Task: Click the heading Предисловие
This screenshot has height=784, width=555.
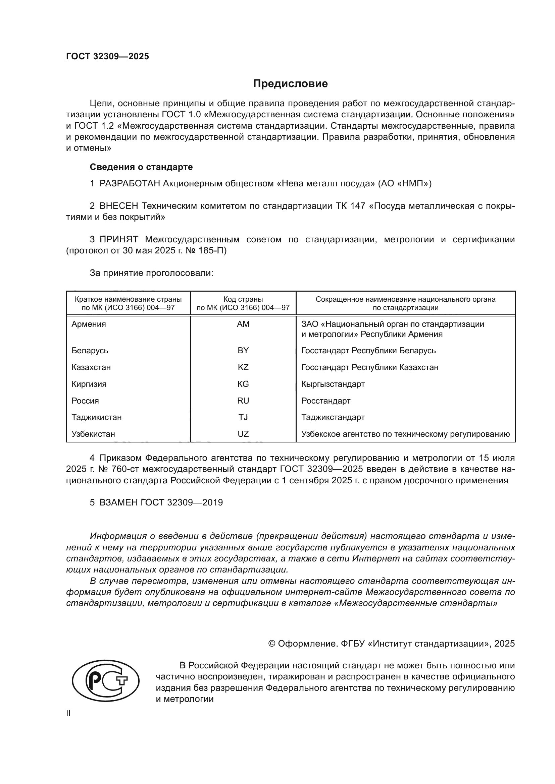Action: point(290,84)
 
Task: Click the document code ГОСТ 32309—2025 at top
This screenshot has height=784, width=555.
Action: point(108,56)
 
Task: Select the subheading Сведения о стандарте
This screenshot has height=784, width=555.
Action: point(141,167)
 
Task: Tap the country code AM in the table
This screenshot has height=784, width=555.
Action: point(243,324)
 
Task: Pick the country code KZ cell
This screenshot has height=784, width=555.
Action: point(243,367)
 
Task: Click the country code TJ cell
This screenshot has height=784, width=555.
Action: point(243,417)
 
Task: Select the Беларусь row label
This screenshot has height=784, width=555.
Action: point(90,351)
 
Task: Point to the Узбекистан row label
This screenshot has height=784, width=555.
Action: point(93,434)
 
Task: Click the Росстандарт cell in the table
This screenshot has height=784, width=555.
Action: point(326,401)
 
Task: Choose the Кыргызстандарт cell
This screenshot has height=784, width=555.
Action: point(333,384)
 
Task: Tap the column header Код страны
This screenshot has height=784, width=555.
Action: point(243,299)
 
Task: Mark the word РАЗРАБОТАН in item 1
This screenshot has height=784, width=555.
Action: point(130,184)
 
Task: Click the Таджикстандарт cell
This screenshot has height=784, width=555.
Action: point(333,417)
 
